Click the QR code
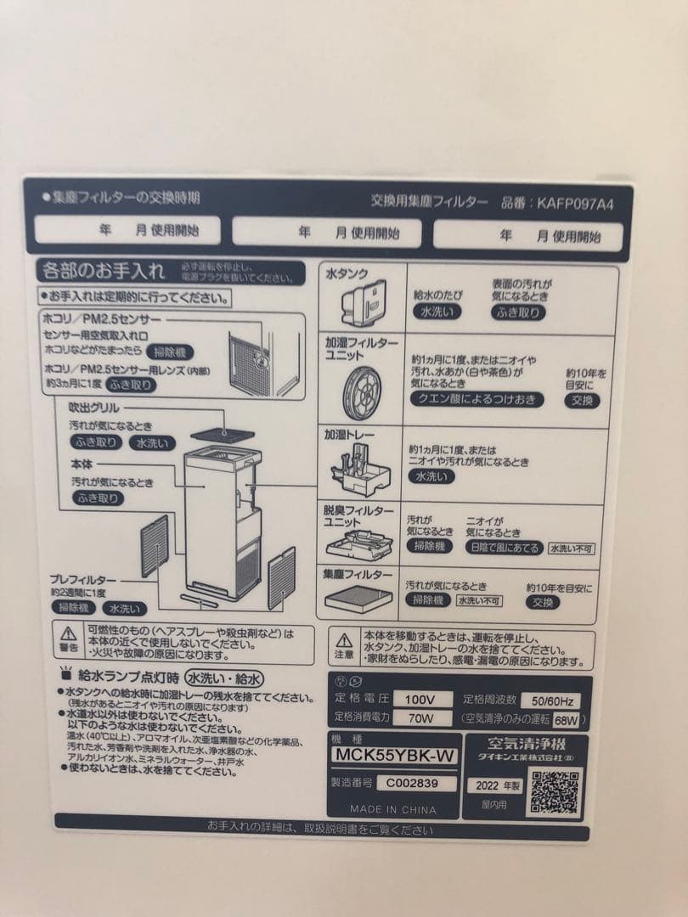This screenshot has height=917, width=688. tap(556, 791)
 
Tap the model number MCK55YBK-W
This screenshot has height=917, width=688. tap(395, 755)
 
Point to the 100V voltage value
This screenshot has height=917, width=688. tap(420, 699)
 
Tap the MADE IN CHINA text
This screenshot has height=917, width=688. tap(392, 810)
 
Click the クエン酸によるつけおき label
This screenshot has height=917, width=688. tap(477, 399)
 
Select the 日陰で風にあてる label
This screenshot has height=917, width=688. tap(505, 548)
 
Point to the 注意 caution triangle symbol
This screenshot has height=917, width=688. tap(343, 639)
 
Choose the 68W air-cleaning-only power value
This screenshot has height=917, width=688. tap(566, 720)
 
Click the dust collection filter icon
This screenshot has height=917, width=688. tap(358, 598)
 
